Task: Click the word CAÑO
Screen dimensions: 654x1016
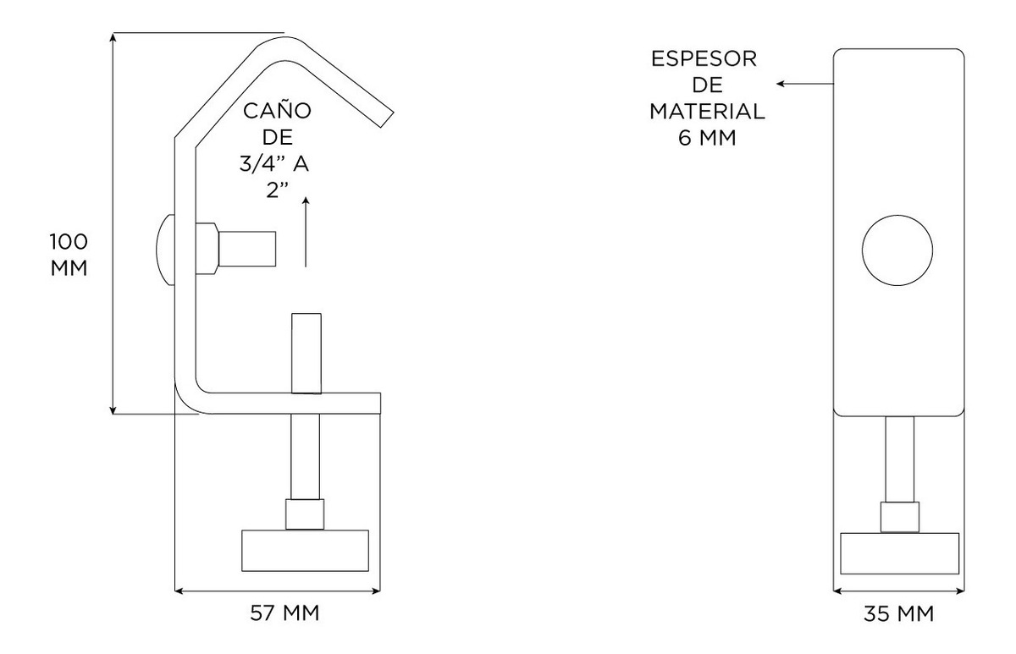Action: point(277,111)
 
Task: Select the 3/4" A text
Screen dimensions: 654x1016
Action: point(273,165)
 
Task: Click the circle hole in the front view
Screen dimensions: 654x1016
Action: point(897,250)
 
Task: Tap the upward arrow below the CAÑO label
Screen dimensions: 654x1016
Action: point(305,233)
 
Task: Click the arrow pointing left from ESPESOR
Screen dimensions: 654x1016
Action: point(804,84)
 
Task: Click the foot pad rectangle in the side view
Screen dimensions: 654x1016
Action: point(305,550)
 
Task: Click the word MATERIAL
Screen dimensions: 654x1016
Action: point(707,111)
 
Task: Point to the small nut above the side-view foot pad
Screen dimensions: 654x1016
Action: point(305,514)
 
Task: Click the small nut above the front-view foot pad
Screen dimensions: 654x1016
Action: point(899,516)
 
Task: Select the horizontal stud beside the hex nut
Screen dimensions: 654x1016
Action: point(247,249)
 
